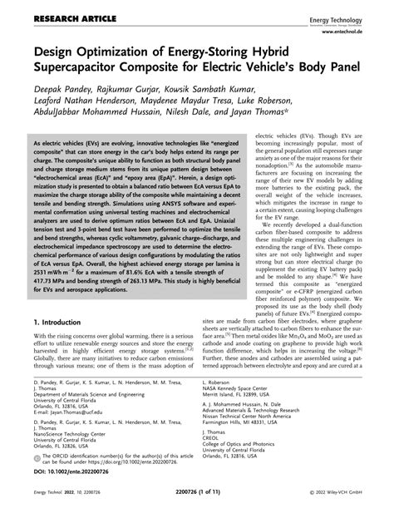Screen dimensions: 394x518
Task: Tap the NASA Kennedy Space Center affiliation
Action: click(x=242, y=399)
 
